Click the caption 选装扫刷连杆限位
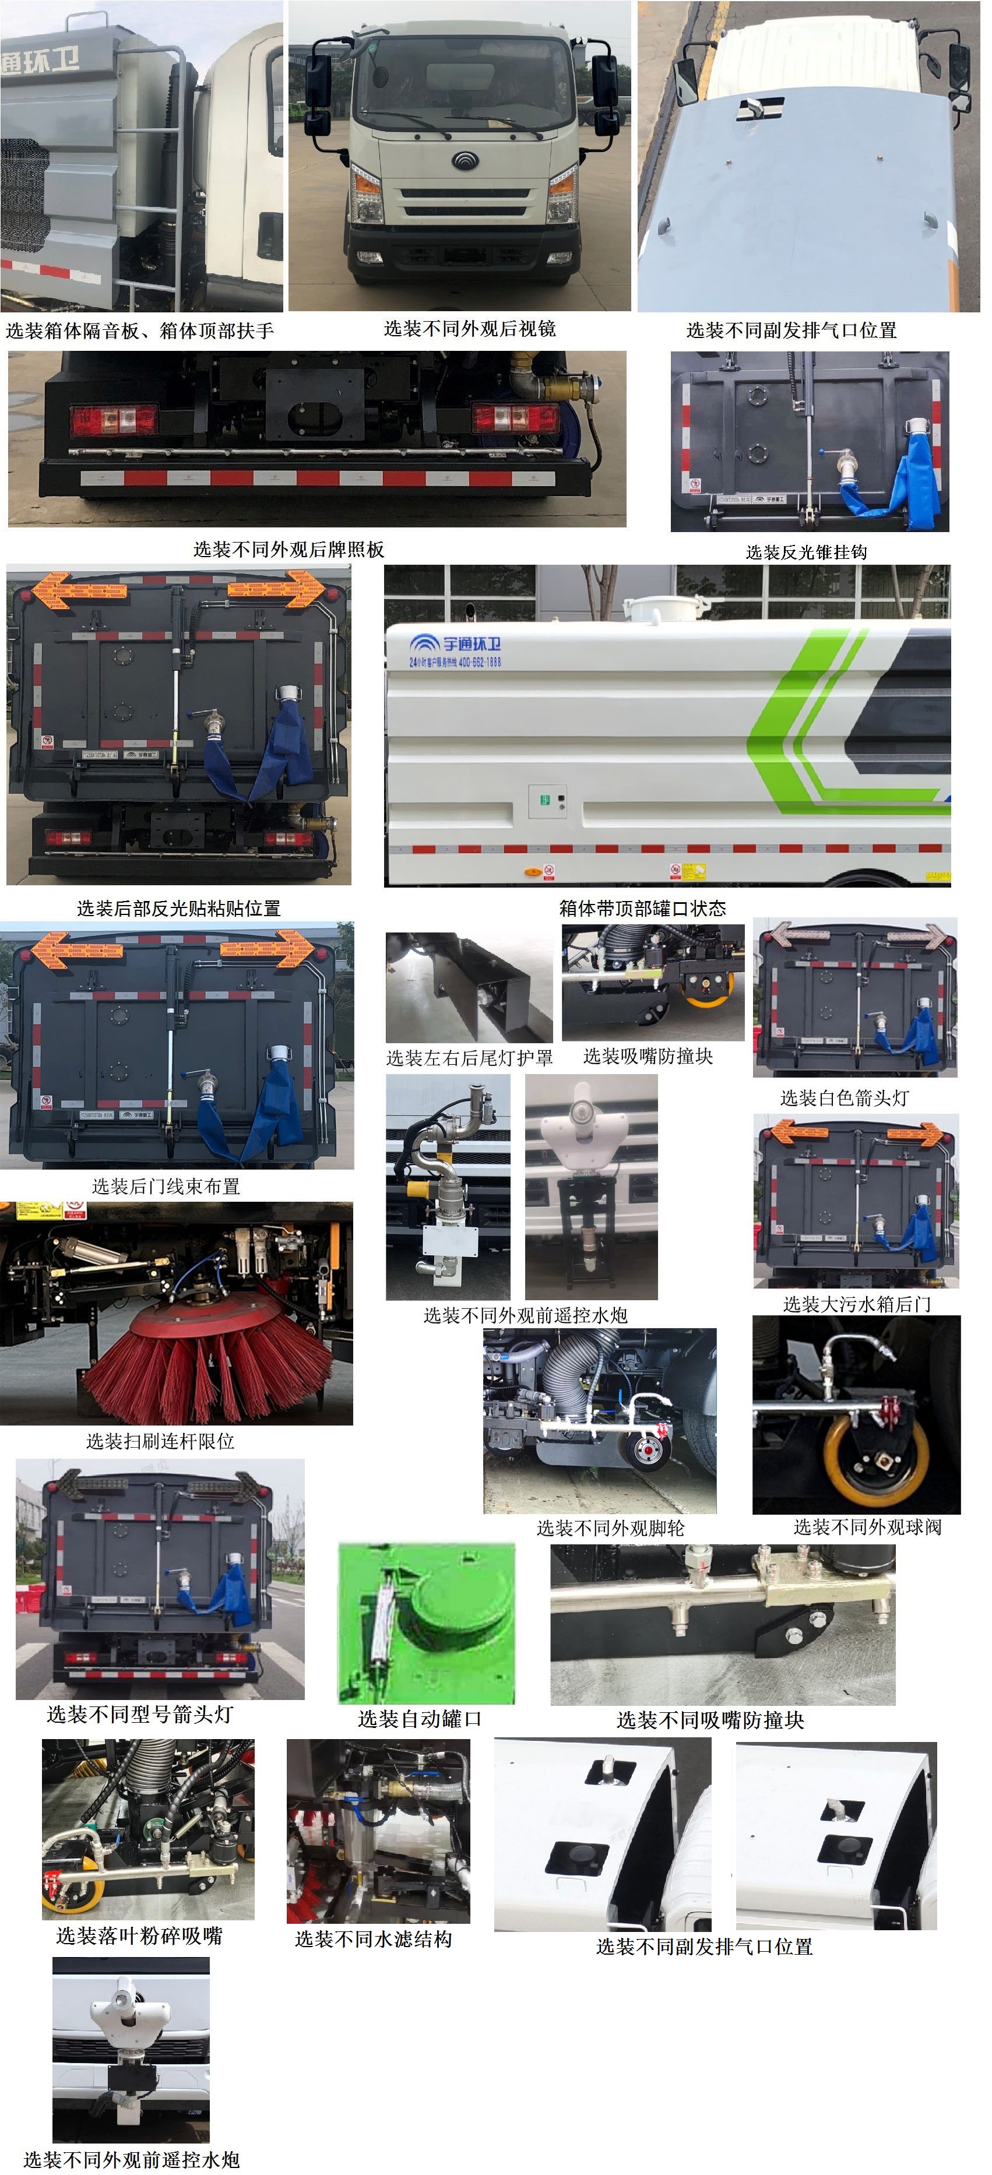tap(160, 1441)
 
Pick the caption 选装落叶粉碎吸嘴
tap(139, 1935)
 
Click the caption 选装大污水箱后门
tap(857, 1304)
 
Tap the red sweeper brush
tap(207, 1368)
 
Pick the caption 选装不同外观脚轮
tap(610, 1528)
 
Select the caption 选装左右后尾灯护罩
tap(469, 1057)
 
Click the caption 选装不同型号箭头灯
tap(139, 1713)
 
